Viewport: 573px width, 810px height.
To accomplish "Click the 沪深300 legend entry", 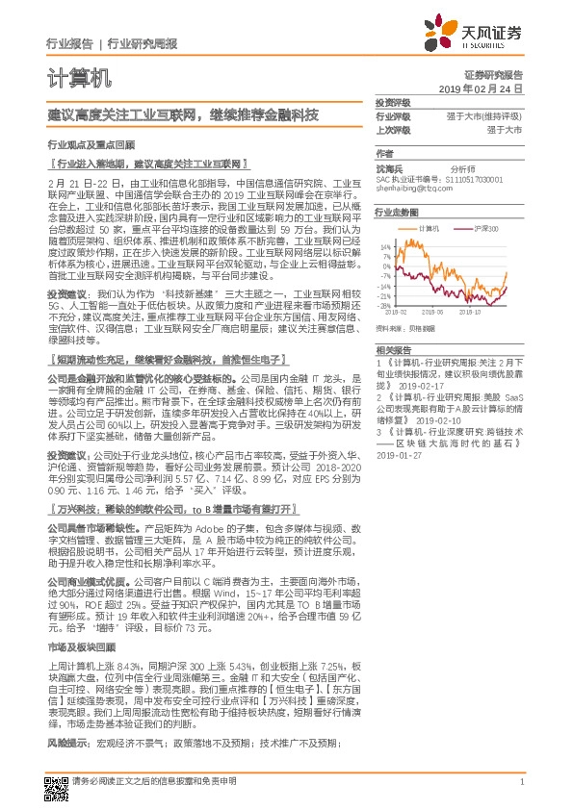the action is (460, 229).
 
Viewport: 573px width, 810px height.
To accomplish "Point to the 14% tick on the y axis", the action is (384, 246).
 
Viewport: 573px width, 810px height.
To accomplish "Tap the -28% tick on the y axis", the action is (384, 305).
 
